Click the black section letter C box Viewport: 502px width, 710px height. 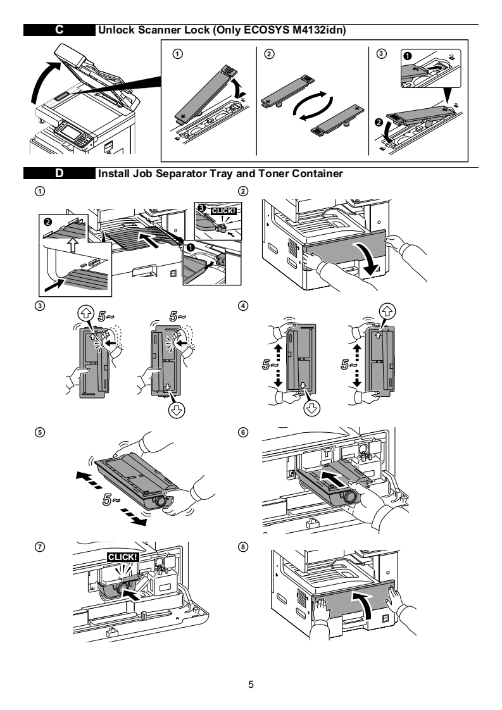(60, 30)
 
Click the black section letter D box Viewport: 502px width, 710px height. (60, 173)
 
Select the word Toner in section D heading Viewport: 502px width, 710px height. (273, 173)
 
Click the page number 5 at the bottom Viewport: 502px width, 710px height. (251, 684)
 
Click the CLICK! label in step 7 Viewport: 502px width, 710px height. (123, 557)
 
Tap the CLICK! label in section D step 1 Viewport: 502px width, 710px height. (224, 211)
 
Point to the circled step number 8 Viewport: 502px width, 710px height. (243, 547)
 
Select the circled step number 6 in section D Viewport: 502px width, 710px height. (243, 432)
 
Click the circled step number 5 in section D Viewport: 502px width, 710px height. (41, 432)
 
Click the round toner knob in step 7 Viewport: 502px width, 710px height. (122, 589)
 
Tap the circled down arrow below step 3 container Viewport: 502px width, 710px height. (176, 410)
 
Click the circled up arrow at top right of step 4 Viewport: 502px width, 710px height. (387, 311)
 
